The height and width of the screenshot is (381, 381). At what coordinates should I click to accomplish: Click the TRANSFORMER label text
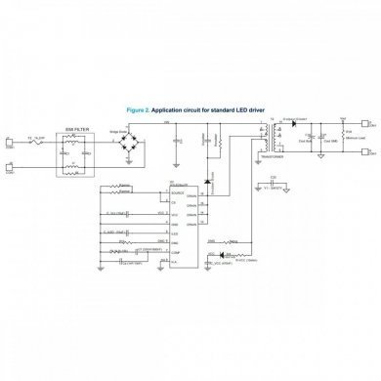[266, 154]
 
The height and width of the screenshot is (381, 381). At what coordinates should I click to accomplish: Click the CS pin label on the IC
[175, 202]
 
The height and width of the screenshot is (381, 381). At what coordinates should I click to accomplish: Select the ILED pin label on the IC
[176, 233]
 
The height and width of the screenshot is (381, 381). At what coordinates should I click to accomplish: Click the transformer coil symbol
[265, 137]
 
